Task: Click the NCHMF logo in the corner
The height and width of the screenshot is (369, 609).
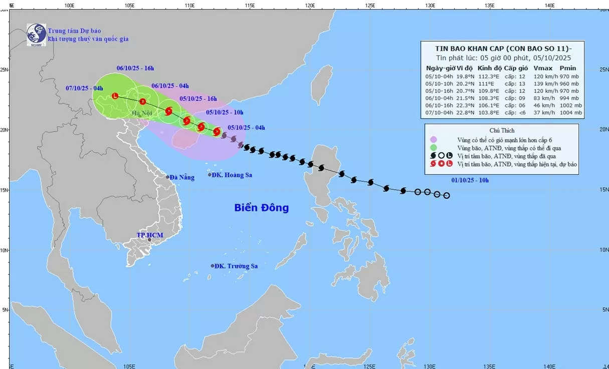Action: coord(36,35)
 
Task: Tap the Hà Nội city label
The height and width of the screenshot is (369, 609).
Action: coord(141,113)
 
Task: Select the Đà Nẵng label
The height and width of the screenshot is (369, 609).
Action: coord(181,177)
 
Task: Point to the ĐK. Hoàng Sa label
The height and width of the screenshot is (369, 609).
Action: coord(232,175)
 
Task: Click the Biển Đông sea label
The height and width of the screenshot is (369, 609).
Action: coord(261,207)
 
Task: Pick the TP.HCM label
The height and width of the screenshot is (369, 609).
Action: coord(150,235)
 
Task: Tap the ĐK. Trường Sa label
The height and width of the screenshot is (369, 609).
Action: coord(236,266)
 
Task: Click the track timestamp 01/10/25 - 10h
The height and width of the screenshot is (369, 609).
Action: coord(470,180)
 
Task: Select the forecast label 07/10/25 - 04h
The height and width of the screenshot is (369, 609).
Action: coord(84,88)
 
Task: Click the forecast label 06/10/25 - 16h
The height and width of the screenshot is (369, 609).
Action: coord(135,68)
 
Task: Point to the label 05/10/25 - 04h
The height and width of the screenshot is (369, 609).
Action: coord(246,128)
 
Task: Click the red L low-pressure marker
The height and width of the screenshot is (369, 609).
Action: coord(115,95)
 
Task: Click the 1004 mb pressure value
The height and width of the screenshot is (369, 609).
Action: coord(571,113)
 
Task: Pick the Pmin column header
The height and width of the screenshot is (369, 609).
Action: coord(568,68)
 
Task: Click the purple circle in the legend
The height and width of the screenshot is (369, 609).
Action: coord(434,140)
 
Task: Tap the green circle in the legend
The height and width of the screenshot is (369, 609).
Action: coord(434,148)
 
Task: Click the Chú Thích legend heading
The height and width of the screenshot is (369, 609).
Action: coord(501,131)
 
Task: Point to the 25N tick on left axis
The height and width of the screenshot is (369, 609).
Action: coord(4,69)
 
